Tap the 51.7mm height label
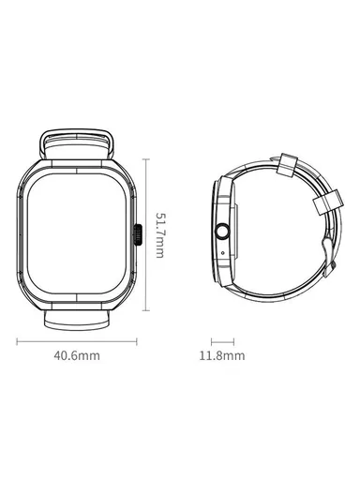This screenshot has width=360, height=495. pos(160,235)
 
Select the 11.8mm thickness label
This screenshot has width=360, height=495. pos(222,357)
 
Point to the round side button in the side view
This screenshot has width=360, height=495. pos(223,232)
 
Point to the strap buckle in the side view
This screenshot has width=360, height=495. pos(329,251)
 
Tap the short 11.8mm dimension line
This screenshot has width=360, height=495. pos(221,342)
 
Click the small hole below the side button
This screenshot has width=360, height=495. pos(223,249)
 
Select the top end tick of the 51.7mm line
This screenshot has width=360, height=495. pos(147,158)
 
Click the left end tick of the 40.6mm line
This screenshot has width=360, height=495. pos(19,342)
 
